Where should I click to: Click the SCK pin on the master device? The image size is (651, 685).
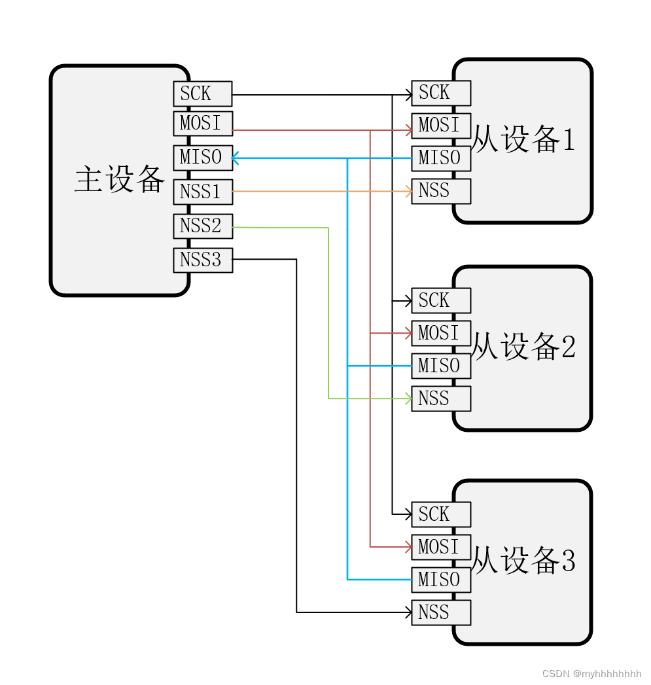(202, 94)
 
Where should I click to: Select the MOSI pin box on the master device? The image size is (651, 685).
(202, 124)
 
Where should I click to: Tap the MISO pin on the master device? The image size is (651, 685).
(202, 157)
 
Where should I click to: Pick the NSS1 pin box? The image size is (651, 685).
(202, 192)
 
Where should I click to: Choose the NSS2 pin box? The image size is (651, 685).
(202, 226)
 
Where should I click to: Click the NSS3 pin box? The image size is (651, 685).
(202, 260)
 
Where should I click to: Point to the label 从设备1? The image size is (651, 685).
(523, 139)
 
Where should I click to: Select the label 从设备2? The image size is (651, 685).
(523, 346)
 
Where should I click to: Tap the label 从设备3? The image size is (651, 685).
(523, 561)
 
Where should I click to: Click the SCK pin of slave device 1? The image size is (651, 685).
(440, 93)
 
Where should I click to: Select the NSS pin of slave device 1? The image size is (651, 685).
(440, 191)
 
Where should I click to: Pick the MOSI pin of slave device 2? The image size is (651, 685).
(440, 333)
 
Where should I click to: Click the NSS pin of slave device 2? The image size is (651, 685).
(440, 398)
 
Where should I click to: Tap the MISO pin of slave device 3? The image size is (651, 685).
(440, 580)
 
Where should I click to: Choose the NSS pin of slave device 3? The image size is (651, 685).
(440, 612)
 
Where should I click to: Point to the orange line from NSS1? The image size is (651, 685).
(321, 191)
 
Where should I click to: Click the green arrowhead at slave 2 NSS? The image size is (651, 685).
(408, 398)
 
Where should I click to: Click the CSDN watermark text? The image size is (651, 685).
(591, 673)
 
